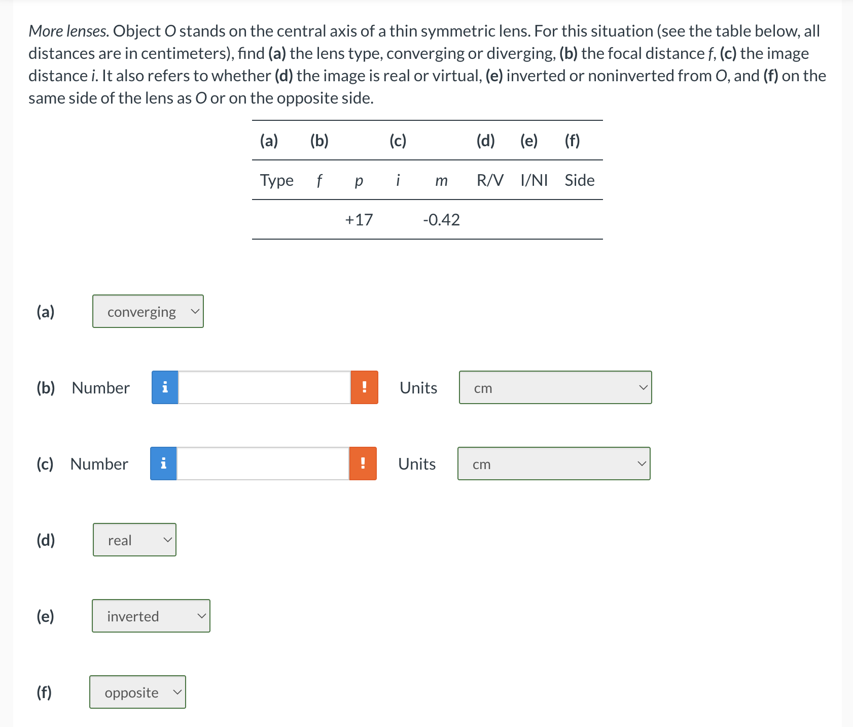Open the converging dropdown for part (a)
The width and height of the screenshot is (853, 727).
click(148, 311)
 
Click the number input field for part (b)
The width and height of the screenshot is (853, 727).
click(264, 387)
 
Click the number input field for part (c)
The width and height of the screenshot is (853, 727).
click(263, 464)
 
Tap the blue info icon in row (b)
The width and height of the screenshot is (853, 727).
click(165, 387)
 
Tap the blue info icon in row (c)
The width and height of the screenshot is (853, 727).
click(163, 464)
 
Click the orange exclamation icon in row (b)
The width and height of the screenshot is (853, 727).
click(364, 387)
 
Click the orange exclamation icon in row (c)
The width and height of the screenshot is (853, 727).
click(363, 464)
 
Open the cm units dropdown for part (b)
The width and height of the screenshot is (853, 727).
click(555, 387)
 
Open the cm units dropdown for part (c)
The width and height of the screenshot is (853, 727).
click(554, 464)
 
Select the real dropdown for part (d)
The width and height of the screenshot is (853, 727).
click(134, 540)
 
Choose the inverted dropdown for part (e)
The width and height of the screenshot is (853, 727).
click(151, 616)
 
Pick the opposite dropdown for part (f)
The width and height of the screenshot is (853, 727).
click(137, 692)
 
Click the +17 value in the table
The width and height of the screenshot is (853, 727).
click(359, 220)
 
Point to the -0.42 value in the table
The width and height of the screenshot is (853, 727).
click(441, 220)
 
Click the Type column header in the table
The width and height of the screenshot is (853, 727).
click(276, 180)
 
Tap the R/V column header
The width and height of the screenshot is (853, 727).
click(490, 180)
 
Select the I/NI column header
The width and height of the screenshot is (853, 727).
click(534, 180)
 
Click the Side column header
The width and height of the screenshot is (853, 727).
click(579, 180)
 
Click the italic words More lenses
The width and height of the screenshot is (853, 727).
click(68, 31)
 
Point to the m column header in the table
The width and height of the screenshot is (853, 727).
click(441, 181)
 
